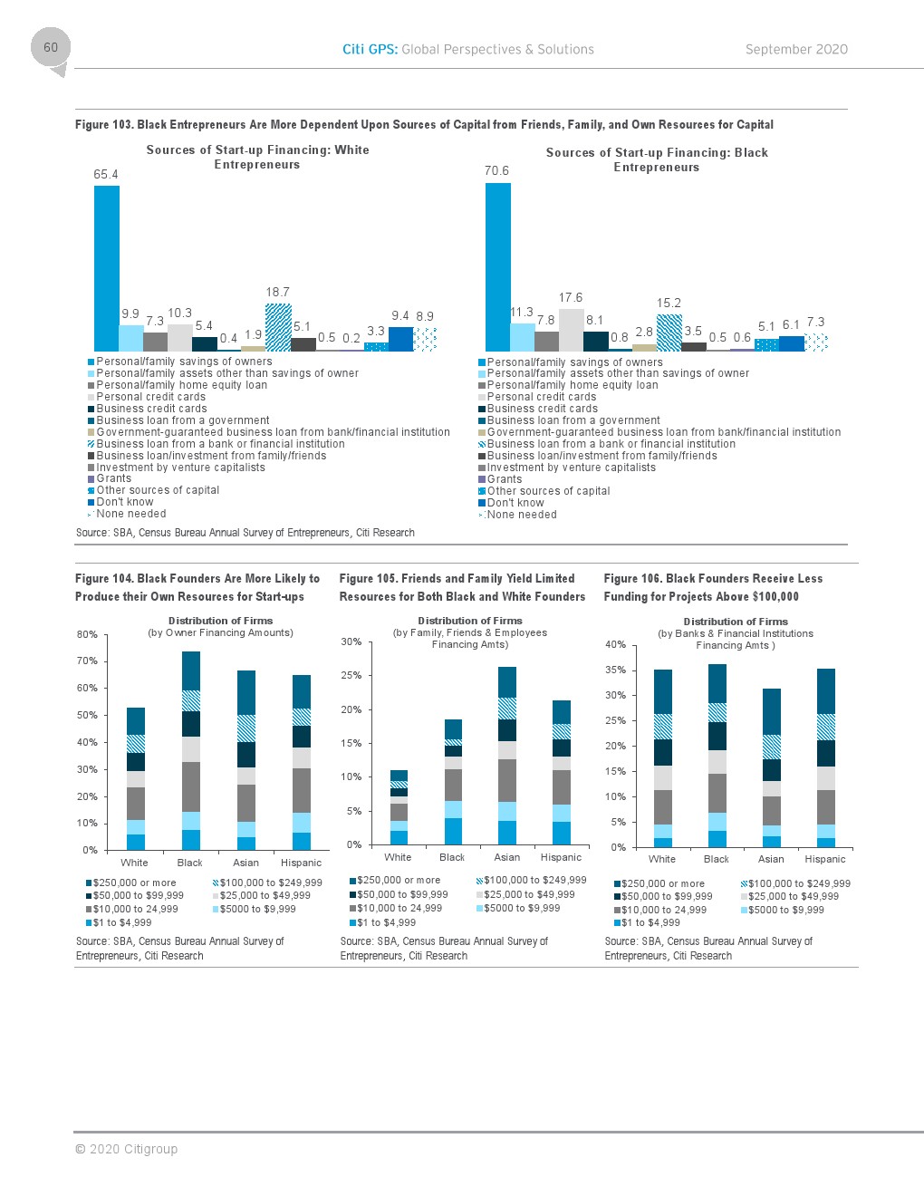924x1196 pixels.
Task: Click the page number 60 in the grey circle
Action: (x=51, y=47)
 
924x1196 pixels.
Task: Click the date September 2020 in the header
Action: (x=796, y=50)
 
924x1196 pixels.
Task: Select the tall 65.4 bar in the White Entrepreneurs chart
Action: (x=107, y=268)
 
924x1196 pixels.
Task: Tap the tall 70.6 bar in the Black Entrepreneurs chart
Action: (x=498, y=266)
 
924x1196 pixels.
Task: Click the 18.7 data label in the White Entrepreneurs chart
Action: (x=277, y=292)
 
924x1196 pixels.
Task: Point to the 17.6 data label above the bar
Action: (x=571, y=297)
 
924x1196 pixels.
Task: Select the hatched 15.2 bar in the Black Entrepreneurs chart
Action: (x=669, y=333)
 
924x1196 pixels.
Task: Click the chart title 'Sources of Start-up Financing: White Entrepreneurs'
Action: (x=257, y=157)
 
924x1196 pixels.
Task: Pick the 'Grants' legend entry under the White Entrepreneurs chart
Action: (x=113, y=478)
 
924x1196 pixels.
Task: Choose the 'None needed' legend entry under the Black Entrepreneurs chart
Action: (x=522, y=515)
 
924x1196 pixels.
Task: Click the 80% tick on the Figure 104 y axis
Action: (x=87, y=634)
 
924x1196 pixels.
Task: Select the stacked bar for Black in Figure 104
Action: (x=190, y=750)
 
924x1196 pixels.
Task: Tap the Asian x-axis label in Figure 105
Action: (x=507, y=857)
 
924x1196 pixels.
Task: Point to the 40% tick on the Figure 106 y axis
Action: (x=615, y=644)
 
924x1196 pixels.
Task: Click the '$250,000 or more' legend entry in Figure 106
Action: (x=662, y=883)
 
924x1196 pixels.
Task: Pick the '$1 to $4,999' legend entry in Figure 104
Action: (x=122, y=922)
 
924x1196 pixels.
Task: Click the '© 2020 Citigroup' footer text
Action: (x=127, y=1149)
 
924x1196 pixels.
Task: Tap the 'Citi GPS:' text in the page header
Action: (x=370, y=50)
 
